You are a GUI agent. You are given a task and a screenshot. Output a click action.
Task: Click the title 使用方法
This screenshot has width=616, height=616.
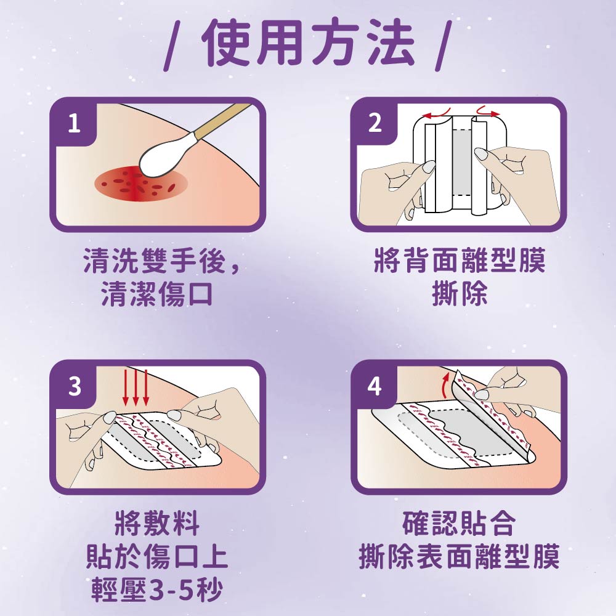tap(308, 43)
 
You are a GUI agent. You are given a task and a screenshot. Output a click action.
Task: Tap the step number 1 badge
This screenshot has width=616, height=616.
tap(74, 124)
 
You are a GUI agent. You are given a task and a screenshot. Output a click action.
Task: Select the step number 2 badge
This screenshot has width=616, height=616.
tap(375, 124)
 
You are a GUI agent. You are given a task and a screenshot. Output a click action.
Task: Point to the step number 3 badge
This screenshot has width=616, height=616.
tap(74, 387)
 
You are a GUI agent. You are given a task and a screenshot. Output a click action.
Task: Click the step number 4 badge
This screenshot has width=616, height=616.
tap(375, 387)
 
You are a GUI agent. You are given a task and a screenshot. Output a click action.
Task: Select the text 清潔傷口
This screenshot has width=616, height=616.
tap(157, 294)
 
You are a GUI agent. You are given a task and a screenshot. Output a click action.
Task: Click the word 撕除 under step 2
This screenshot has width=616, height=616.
tap(460, 294)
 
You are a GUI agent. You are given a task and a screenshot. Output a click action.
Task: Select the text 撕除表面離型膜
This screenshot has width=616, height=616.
tap(459, 557)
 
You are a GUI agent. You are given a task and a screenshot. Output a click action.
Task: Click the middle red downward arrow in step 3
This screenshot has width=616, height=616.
tap(136, 387)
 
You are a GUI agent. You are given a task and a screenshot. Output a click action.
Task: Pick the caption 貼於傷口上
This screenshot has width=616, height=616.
tap(157, 557)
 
